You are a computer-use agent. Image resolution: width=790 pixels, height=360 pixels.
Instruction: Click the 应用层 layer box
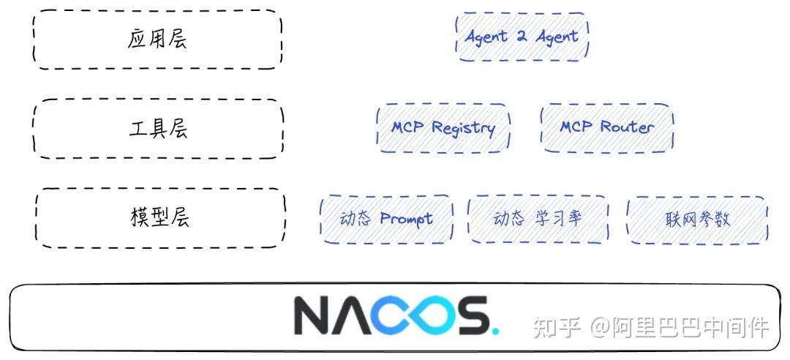157,40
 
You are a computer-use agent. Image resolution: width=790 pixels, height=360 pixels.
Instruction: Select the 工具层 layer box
158,129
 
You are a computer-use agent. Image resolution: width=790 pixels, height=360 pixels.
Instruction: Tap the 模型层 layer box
160,218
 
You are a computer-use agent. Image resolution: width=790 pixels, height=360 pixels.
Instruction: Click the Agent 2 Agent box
522,37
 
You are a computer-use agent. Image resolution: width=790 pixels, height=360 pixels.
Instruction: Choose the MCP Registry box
443,128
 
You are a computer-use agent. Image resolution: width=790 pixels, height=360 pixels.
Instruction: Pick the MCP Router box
607,127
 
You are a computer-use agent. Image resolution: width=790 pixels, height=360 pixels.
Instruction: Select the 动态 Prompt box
386,219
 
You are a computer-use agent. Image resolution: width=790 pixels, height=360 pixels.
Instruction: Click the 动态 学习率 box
538,219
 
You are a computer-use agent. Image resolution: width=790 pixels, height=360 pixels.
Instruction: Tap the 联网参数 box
697,219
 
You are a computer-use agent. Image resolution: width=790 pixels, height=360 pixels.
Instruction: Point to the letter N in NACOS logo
314,315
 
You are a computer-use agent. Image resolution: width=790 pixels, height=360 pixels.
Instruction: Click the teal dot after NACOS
495,330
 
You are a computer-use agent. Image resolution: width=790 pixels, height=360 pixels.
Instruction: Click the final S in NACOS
468,315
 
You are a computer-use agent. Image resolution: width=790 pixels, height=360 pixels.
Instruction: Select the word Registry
463,129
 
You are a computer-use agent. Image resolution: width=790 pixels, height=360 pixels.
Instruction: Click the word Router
627,127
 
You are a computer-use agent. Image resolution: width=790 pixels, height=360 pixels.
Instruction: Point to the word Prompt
406,219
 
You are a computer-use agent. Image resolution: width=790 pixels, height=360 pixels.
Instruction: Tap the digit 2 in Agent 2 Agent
522,37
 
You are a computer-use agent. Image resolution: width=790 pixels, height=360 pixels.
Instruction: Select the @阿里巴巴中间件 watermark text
680,327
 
